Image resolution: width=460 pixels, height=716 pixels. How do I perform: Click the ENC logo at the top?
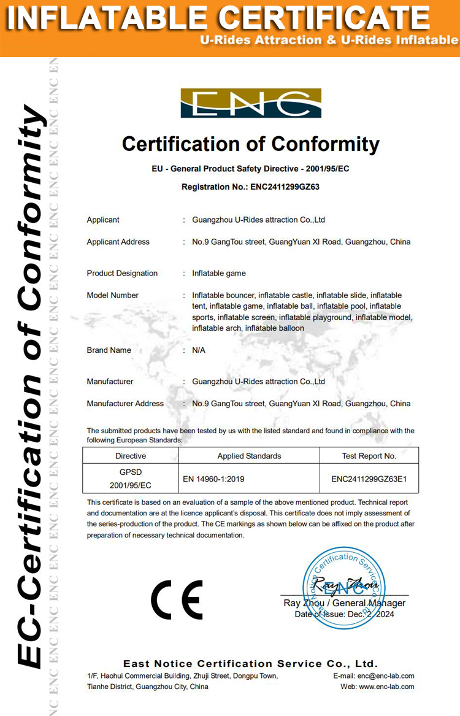(x=250, y=103)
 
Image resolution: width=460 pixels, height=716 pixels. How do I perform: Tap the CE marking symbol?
(x=177, y=599)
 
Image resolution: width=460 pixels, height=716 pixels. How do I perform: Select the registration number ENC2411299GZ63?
(x=285, y=187)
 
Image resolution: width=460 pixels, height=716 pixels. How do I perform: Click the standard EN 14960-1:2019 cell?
(x=218, y=479)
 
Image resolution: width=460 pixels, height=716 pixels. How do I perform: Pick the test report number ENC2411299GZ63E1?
(x=369, y=479)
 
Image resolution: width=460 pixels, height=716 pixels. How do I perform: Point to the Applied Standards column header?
(x=249, y=456)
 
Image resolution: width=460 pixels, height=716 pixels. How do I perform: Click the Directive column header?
(x=131, y=456)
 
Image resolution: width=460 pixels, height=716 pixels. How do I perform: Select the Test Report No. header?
(x=369, y=456)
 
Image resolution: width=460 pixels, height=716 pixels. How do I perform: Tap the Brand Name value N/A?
(x=199, y=350)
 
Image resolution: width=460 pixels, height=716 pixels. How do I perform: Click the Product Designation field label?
(x=122, y=273)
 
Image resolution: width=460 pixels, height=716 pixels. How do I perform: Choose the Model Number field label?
(x=113, y=295)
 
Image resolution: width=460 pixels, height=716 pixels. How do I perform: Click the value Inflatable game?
(x=219, y=273)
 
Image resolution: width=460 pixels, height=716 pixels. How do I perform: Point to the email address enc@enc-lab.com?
(x=384, y=676)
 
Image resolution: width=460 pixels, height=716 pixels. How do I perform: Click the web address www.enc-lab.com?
(x=386, y=687)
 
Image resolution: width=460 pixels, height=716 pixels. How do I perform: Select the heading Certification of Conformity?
(x=251, y=144)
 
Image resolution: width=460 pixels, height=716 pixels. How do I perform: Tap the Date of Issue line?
(x=344, y=614)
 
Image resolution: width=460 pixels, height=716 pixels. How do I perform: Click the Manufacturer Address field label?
(x=125, y=404)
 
